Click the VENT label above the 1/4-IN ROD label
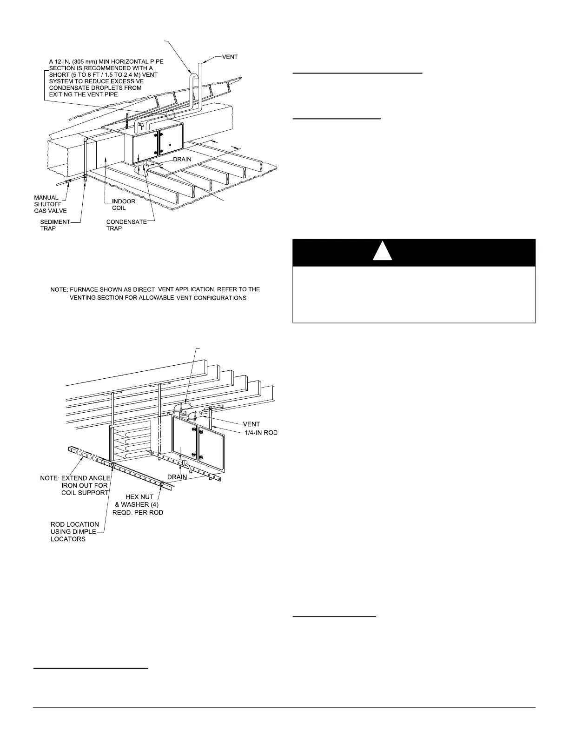(252, 424)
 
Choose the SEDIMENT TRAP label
(55, 225)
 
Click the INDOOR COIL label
(124, 205)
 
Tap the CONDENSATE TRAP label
(126, 225)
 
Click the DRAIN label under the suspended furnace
(177, 476)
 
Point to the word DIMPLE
(85, 531)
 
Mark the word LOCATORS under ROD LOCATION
(68, 539)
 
